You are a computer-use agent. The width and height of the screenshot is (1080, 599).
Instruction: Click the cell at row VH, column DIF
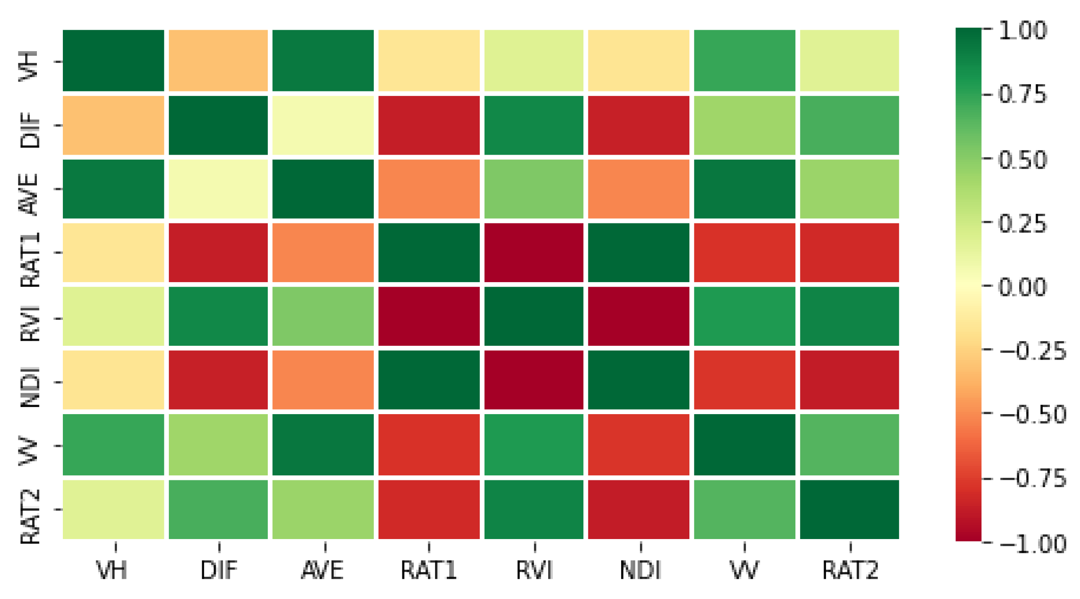click(x=218, y=60)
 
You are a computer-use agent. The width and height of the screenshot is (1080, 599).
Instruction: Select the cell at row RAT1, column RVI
click(x=534, y=252)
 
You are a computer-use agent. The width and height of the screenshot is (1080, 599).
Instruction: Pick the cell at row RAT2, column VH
click(x=113, y=509)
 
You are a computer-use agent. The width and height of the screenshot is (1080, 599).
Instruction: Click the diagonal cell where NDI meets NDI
click(x=639, y=380)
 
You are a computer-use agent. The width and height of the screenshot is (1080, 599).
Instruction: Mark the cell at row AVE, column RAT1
click(x=429, y=189)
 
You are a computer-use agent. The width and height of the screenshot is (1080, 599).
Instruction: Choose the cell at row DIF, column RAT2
click(x=849, y=125)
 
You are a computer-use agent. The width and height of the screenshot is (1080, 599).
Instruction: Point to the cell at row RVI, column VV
click(x=745, y=316)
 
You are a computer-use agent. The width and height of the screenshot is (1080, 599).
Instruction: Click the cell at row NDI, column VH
click(x=113, y=380)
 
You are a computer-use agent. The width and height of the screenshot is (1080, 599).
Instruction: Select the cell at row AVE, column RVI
click(x=534, y=189)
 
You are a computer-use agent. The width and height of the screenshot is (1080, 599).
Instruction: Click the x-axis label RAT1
click(x=428, y=570)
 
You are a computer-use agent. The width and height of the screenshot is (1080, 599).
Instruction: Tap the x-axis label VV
click(x=745, y=570)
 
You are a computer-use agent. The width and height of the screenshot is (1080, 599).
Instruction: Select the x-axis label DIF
click(x=219, y=570)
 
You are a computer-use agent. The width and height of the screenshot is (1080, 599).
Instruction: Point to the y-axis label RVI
click(x=30, y=323)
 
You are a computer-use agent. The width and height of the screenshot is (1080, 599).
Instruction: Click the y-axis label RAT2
click(x=30, y=517)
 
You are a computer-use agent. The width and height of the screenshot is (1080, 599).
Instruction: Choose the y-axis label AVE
click(x=30, y=194)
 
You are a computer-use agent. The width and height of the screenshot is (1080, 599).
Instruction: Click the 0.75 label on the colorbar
click(x=1023, y=95)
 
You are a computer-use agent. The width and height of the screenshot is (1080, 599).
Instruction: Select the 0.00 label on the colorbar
click(x=1023, y=287)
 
